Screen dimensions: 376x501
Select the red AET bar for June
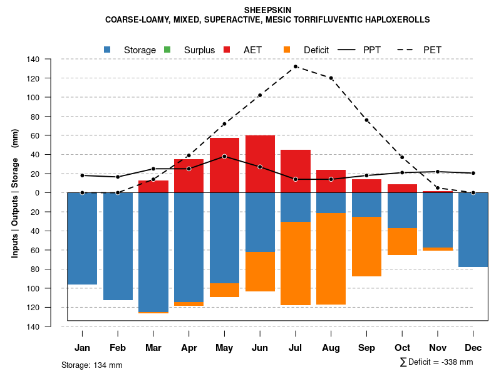point(260,164)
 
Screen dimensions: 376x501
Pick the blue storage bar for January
point(82,238)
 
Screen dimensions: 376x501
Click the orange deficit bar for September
point(366,246)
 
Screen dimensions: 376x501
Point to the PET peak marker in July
point(296,66)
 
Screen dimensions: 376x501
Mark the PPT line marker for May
point(224,156)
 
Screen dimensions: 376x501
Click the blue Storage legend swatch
point(108,50)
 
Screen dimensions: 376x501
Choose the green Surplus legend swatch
point(167,50)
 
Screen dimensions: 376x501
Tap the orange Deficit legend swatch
point(287,50)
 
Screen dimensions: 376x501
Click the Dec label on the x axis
point(473,348)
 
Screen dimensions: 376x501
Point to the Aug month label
point(331,348)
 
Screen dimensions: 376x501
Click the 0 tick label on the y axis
point(54,193)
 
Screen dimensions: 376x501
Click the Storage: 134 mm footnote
point(91,365)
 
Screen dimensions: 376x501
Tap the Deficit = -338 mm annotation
point(436,362)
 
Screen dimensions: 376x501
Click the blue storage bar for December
point(473,229)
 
